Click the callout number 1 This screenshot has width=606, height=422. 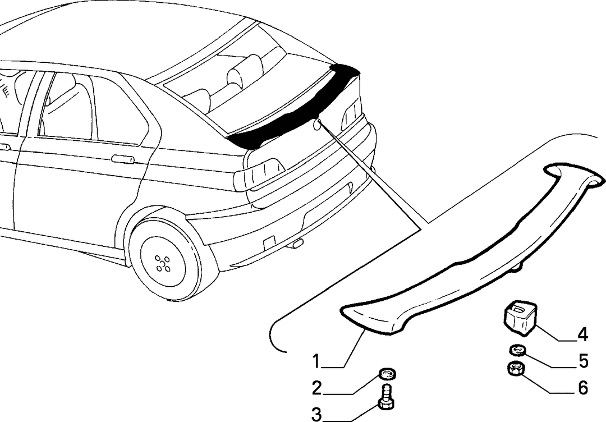[x=316, y=362]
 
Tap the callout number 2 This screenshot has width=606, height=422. [x=317, y=388]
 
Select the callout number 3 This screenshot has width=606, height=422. [x=316, y=415]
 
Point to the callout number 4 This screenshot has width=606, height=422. [x=582, y=334]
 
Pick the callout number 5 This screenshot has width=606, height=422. [x=584, y=361]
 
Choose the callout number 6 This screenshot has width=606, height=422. [x=583, y=388]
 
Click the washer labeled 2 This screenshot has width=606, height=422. [x=387, y=374]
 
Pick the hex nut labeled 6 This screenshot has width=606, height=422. [x=516, y=369]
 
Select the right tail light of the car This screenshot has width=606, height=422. [x=351, y=114]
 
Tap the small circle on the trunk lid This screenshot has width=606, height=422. [x=317, y=125]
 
